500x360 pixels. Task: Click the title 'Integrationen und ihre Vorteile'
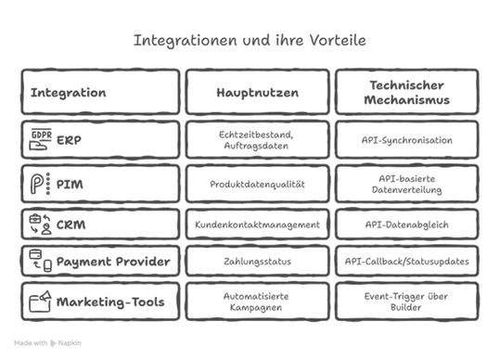point(250,41)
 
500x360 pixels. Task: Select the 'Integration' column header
point(69,93)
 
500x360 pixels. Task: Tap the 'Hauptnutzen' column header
point(255,93)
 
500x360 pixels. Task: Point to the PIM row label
point(70,184)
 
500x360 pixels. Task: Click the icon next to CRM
point(39,225)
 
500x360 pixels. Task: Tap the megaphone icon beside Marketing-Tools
point(39,302)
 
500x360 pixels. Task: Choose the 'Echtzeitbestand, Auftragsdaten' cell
point(255,139)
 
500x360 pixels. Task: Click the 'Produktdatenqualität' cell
point(255,184)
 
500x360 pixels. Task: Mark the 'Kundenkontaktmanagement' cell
point(255,225)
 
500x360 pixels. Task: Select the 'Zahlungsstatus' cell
point(255,262)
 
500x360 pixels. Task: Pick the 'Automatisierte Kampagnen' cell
point(255,302)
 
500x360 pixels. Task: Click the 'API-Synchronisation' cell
point(407,139)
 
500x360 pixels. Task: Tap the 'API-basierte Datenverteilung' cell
point(407,184)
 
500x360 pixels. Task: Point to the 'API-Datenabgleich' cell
point(407,225)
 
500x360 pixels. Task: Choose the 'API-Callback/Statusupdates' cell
point(407,262)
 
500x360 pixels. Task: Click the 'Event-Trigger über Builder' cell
point(407,302)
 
